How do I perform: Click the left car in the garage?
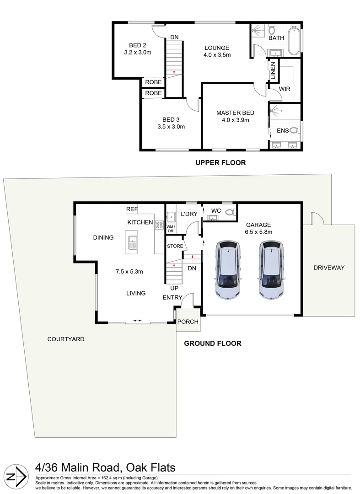coord(227,270)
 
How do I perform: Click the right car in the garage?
coord(271,270)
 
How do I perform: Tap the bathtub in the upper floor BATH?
coord(294,42)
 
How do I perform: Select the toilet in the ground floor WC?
coord(231,212)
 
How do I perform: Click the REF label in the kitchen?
coord(132,209)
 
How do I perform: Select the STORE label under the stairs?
coord(175,246)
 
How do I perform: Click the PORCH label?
coord(188,322)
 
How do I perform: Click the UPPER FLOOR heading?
coord(220,162)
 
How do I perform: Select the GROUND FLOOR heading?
coord(212,343)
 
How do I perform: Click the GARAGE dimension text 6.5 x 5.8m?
coord(258,232)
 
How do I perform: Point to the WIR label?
coord(285,89)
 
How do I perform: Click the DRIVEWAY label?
coord(329,268)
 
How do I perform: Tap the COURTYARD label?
coord(66,339)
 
